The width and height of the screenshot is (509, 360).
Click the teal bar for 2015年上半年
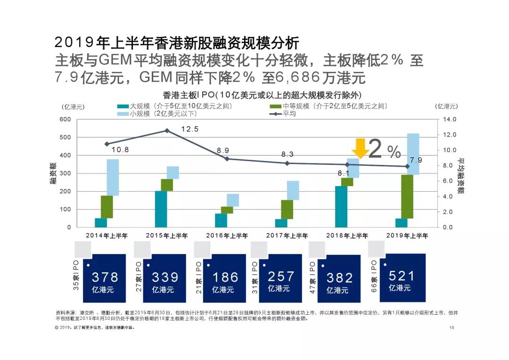(161, 209)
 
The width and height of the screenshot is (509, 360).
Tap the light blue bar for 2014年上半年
(113, 177)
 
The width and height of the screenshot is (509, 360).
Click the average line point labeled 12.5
(166, 131)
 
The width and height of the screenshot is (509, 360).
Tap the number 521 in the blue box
(402, 276)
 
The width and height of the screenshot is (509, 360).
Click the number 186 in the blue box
(225, 277)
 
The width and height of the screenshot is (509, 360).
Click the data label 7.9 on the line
(416, 160)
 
